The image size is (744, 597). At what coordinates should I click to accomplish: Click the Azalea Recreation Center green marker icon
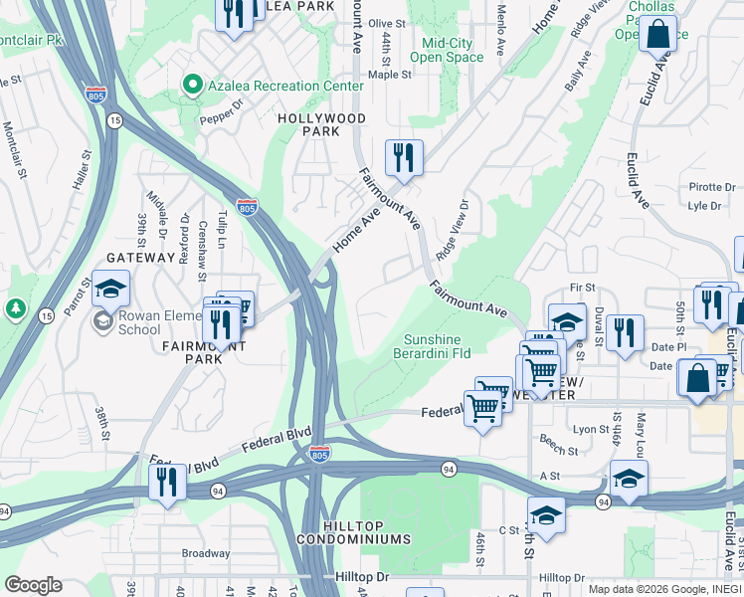(x=194, y=87)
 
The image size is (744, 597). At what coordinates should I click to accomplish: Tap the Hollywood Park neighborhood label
(x=320, y=124)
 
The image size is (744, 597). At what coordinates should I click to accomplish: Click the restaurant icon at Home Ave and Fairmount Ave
(x=403, y=156)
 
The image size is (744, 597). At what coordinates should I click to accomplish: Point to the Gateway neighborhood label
(x=140, y=258)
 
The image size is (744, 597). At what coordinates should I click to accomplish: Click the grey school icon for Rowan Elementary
(x=102, y=320)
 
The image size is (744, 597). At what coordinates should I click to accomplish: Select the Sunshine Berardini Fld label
(x=446, y=346)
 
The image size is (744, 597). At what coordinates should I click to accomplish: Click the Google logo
(x=33, y=585)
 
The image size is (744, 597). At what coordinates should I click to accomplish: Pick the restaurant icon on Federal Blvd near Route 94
(x=166, y=483)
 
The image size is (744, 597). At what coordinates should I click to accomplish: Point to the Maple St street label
(x=389, y=75)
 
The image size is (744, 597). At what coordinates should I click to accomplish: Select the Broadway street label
(x=205, y=553)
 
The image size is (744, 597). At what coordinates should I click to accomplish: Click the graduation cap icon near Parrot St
(x=111, y=289)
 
